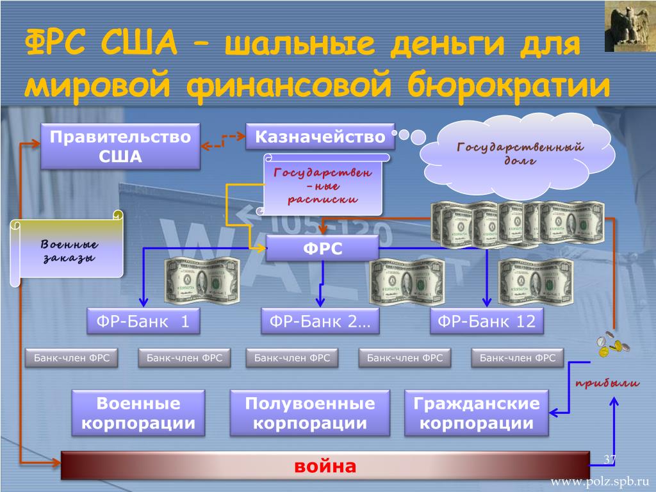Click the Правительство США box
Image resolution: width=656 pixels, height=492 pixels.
pyautogui.click(x=120, y=146)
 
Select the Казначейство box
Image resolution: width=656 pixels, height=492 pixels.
pyautogui.click(x=320, y=136)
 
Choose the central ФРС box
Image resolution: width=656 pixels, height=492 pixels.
pyautogui.click(x=322, y=247)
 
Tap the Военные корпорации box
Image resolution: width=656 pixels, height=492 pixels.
pyautogui.click(x=138, y=413)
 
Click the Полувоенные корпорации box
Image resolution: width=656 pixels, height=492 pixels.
pyautogui.click(x=309, y=413)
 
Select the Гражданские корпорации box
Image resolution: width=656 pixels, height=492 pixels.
pyautogui.click(x=477, y=413)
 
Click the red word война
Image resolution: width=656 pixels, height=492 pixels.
pyautogui.click(x=325, y=466)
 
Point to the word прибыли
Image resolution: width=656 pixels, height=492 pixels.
pyautogui.click(x=607, y=384)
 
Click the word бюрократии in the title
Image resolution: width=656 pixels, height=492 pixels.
pyautogui.click(x=505, y=85)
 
